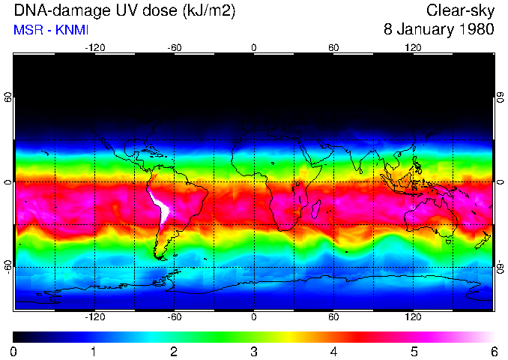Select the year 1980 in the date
[x=475, y=30]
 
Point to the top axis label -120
[x=95, y=48]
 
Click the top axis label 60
[x=333, y=48]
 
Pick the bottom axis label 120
[x=413, y=316]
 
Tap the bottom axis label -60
[x=175, y=316]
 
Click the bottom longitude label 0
[x=254, y=316]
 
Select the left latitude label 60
[x=8, y=98]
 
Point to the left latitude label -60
[x=8, y=267]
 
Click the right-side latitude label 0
[x=500, y=182]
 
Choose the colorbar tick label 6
[x=494, y=351]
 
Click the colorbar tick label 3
[x=254, y=351]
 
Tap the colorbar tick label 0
[x=14, y=351]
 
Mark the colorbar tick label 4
[x=333, y=351]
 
